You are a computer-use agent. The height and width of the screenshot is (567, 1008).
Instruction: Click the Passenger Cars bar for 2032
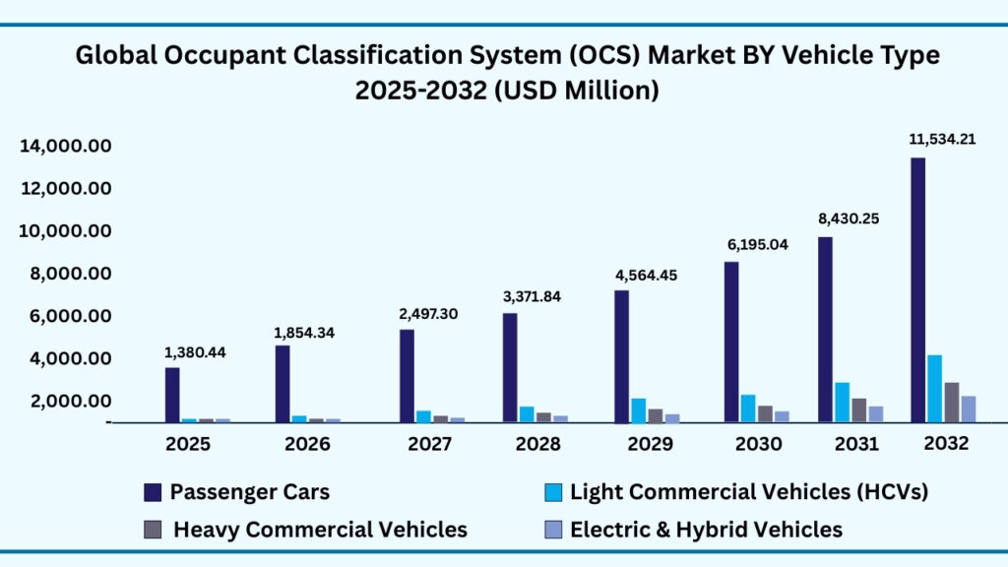[917, 289]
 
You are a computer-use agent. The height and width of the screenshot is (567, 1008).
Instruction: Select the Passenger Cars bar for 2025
[172, 395]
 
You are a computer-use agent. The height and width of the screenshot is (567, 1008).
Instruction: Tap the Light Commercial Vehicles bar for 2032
[934, 388]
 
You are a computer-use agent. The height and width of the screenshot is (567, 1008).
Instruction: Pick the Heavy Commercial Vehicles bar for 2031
[859, 409]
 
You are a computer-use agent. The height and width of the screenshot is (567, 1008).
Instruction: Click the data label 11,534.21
[942, 139]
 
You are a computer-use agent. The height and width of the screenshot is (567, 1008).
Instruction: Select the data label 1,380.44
[195, 351]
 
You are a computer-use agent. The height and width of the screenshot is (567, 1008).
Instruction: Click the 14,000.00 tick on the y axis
[65, 147]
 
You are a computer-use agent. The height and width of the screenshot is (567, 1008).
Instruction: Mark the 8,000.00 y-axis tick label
[65, 274]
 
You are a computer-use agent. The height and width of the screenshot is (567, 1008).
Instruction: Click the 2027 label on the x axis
[429, 444]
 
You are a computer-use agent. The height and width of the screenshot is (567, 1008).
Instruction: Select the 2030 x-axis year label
[758, 444]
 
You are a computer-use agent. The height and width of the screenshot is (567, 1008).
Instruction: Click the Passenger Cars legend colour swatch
[152, 491]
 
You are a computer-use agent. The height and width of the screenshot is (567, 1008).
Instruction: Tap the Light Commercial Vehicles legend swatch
[553, 491]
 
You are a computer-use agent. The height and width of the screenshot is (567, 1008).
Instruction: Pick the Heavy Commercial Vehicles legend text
[320, 530]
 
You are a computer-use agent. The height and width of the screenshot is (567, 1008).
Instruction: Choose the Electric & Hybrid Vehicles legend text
[707, 530]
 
